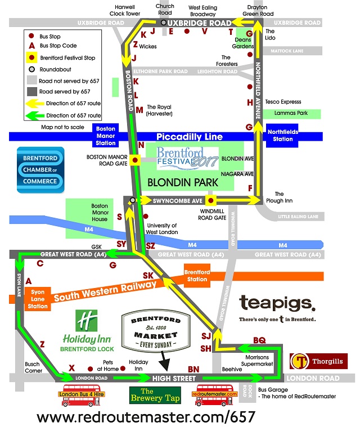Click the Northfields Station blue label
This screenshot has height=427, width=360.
click(x=283, y=136)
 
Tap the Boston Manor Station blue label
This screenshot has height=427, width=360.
click(x=106, y=136)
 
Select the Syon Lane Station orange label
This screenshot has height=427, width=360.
click(x=38, y=299)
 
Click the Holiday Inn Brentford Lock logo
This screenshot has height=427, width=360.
click(x=87, y=332)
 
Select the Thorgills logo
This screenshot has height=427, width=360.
click(x=318, y=361)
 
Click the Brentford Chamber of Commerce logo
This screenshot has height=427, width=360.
click(x=40, y=169)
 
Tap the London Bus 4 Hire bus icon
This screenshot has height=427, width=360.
click(x=83, y=392)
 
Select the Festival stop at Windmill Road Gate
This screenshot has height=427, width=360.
click(x=210, y=200)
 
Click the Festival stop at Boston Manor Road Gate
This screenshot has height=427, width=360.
click(x=134, y=161)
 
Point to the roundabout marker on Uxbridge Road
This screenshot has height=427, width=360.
click(x=163, y=23)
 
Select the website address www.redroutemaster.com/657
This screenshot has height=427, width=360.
click(x=146, y=417)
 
